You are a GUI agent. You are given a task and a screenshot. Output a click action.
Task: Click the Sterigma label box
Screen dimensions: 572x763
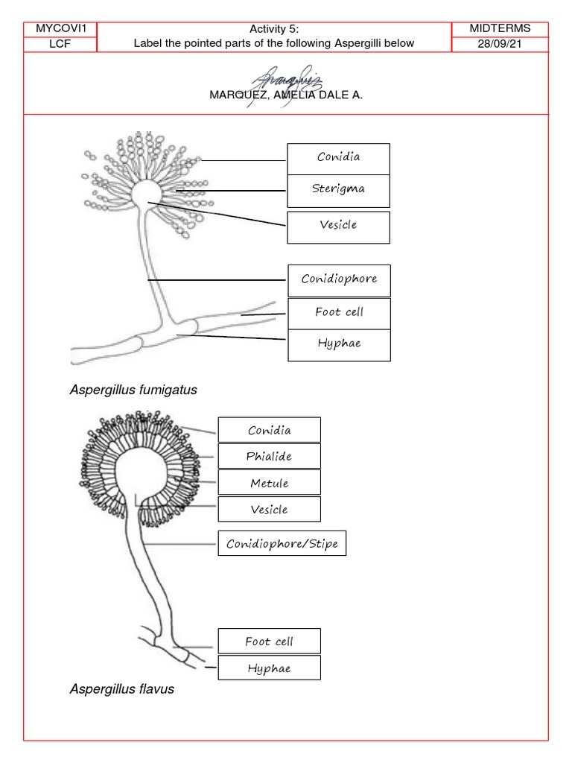coord(339,191)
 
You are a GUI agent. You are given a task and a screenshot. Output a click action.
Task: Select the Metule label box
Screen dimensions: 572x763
coord(270,482)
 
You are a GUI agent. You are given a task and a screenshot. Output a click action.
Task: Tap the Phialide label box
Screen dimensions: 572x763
coord(270,456)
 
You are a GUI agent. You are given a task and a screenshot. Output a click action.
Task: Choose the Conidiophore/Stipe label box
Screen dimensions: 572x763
coord(282,543)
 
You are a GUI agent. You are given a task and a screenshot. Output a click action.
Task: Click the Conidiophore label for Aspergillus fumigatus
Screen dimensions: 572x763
coord(339,281)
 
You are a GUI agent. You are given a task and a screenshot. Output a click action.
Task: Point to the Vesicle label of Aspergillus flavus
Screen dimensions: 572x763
coord(270,509)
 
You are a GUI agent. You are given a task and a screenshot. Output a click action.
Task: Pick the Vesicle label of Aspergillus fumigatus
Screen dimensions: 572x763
coord(339,227)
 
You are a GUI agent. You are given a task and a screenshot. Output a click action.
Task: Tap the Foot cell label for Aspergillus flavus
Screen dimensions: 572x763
coord(270,641)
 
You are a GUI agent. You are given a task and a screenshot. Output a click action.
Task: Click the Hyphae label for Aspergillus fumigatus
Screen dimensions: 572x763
coord(339,346)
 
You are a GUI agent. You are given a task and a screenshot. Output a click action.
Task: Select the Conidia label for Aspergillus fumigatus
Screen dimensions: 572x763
coord(339,159)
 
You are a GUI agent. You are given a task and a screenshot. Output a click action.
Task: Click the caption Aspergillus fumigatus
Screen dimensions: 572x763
coord(133,390)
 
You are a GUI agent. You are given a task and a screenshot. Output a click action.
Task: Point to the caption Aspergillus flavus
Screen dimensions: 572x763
coord(121,689)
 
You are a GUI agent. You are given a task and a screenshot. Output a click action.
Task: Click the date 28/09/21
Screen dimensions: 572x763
coord(500,44)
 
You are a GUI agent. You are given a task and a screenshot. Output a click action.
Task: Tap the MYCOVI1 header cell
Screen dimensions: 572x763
coord(60,29)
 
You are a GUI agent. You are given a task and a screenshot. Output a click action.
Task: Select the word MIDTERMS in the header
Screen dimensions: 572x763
coord(500,28)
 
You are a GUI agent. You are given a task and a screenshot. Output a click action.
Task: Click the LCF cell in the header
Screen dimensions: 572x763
coord(60,44)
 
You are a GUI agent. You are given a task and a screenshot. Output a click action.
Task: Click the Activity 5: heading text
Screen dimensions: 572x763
coord(274,29)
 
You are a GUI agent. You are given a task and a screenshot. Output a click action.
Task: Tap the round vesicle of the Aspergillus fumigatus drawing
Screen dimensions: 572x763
coord(145,193)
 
